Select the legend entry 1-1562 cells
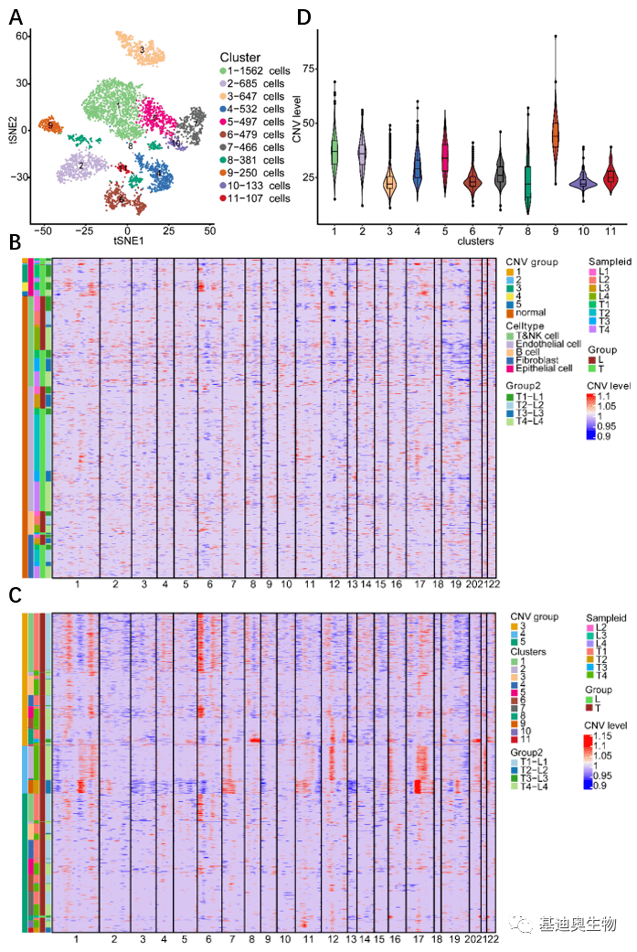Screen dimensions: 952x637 (x=258, y=70)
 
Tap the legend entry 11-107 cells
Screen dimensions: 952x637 (x=260, y=198)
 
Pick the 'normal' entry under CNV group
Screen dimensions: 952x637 (x=531, y=313)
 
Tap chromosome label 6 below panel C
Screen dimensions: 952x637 (x=210, y=939)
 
